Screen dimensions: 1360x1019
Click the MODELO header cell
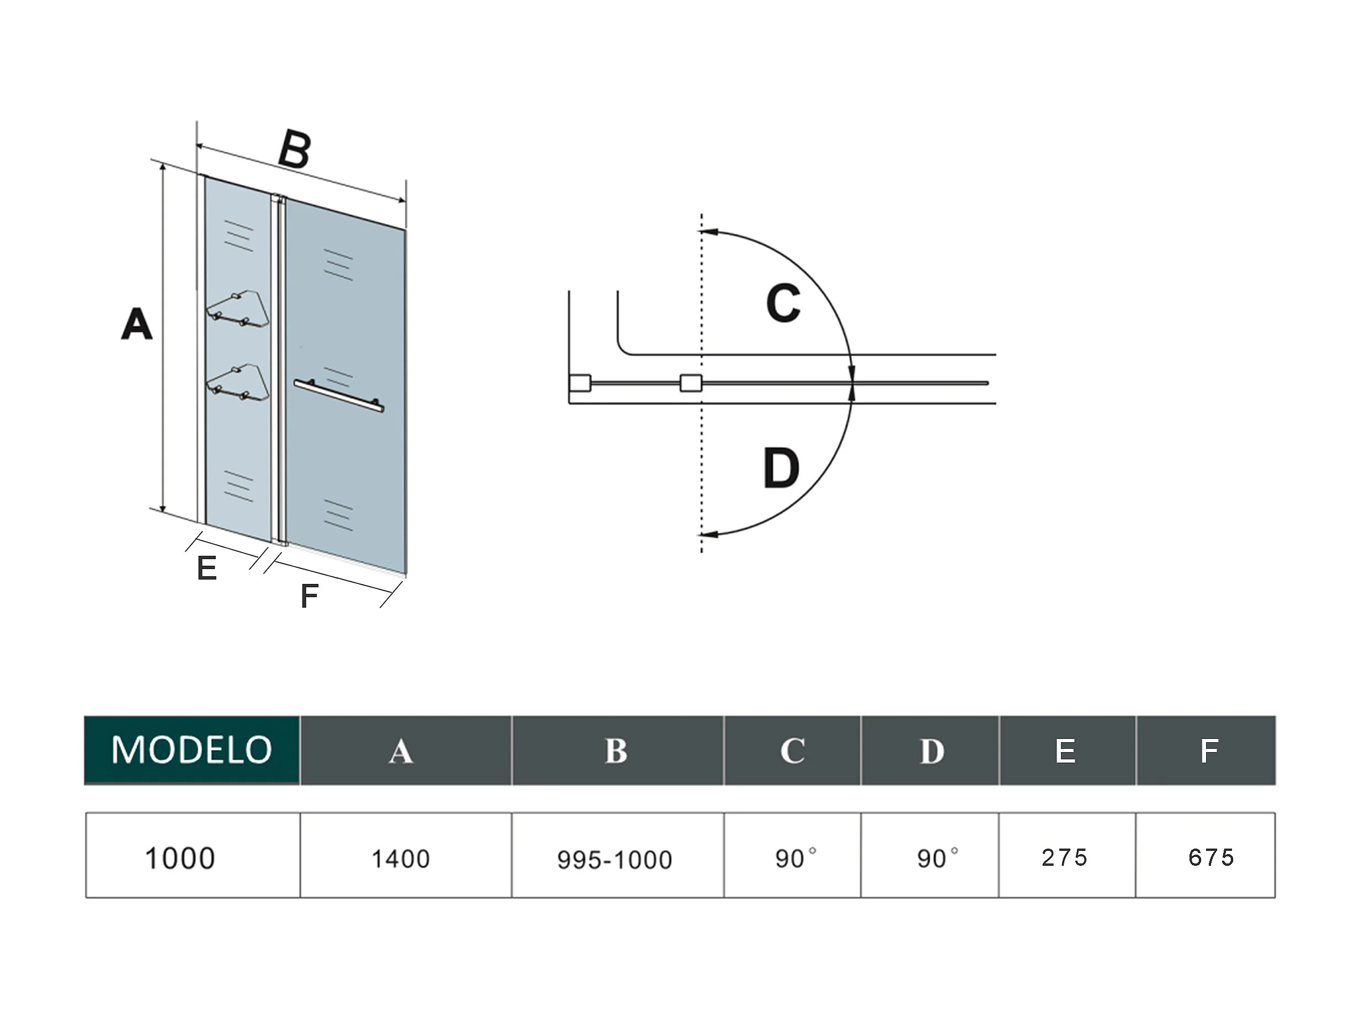[192, 750]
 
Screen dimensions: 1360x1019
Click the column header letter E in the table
[1065, 750]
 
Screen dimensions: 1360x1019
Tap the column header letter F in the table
[1209, 750]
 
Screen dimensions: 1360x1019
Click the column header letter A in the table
[401, 751]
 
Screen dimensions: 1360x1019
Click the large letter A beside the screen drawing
[136, 324]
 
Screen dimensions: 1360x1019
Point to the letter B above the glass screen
[295, 149]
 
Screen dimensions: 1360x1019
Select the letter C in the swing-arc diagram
[783, 303]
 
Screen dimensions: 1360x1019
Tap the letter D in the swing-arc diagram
[781, 468]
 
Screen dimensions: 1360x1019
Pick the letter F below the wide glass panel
[310, 596]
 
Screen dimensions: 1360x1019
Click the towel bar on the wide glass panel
[339, 395]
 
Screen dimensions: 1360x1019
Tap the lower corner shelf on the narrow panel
[238, 382]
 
